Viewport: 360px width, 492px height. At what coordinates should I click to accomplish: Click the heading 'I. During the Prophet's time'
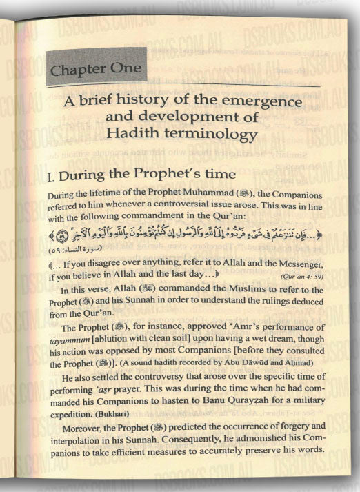[x=142, y=178]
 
